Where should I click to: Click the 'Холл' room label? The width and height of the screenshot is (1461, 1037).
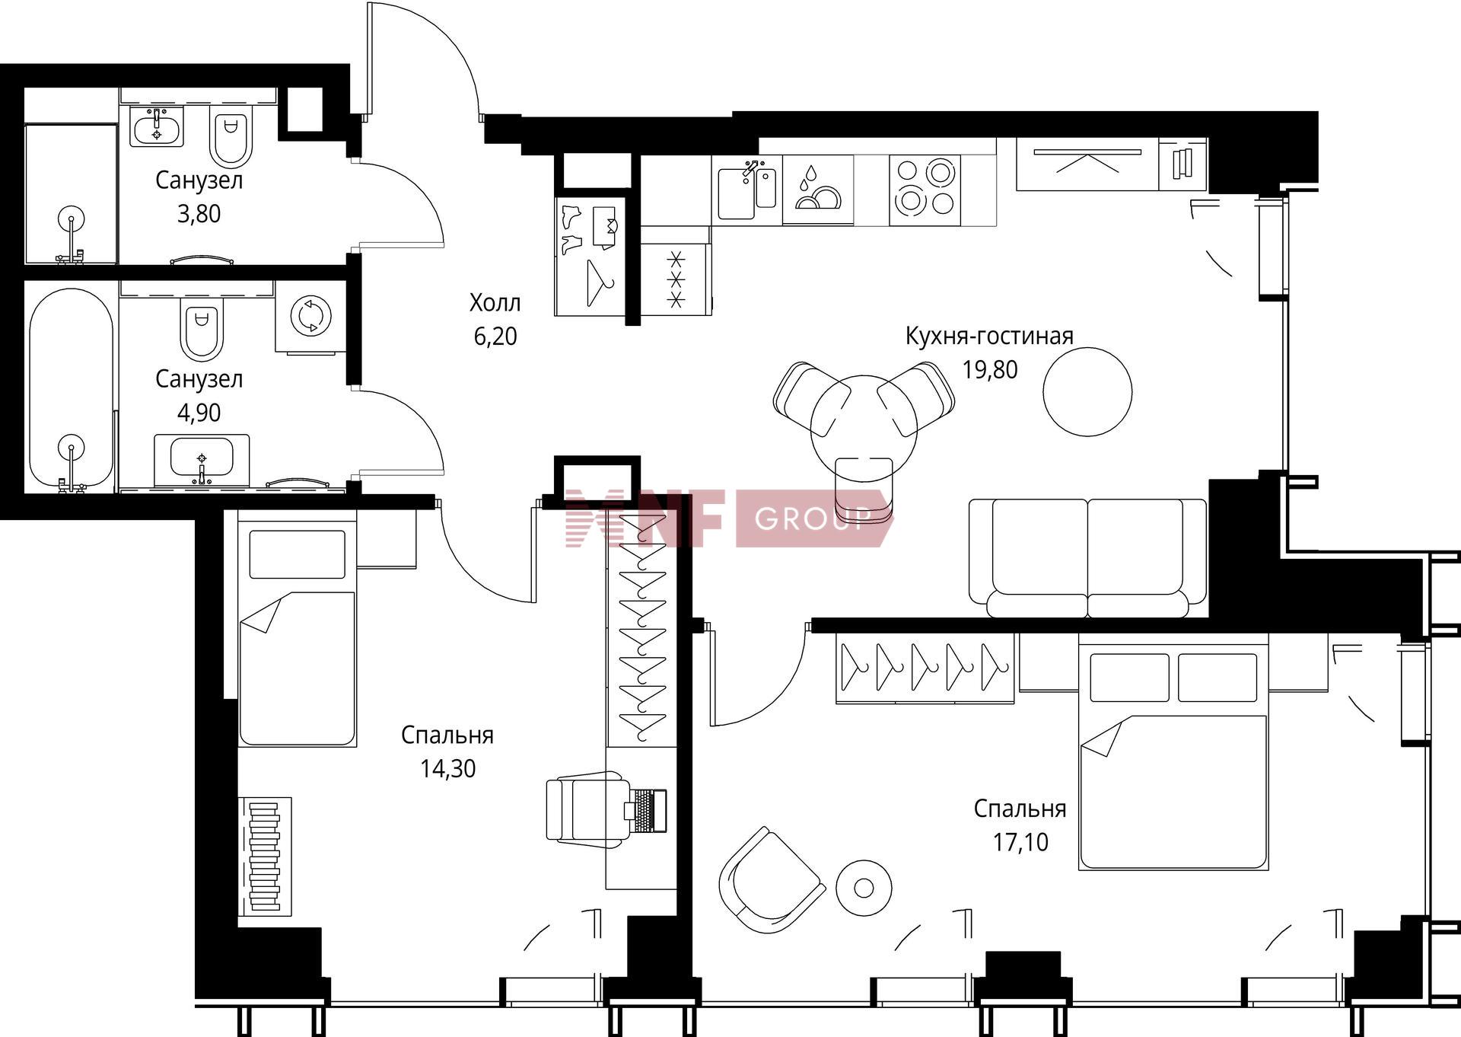pyautogui.click(x=495, y=303)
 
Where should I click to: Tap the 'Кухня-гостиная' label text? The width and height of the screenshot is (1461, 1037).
pyautogui.click(x=989, y=336)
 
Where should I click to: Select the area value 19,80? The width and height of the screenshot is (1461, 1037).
pyautogui.click(x=990, y=370)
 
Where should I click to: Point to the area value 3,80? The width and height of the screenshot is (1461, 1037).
pyautogui.click(x=199, y=214)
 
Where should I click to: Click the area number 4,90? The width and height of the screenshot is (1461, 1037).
pyautogui.click(x=199, y=413)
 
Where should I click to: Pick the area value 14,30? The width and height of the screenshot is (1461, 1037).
pyautogui.click(x=448, y=769)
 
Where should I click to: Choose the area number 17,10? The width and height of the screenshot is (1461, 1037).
pyautogui.click(x=1020, y=842)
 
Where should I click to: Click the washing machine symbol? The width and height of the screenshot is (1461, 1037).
pyautogui.click(x=311, y=314)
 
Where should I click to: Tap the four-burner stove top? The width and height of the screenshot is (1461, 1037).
pyautogui.click(x=925, y=190)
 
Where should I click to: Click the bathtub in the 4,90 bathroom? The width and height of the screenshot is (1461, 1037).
pyautogui.click(x=71, y=389)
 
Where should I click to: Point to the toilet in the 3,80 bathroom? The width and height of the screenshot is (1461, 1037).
pyautogui.click(x=231, y=139)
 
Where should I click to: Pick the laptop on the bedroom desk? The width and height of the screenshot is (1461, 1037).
pyautogui.click(x=647, y=810)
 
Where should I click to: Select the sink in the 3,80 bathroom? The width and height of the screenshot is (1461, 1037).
pyautogui.click(x=157, y=126)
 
